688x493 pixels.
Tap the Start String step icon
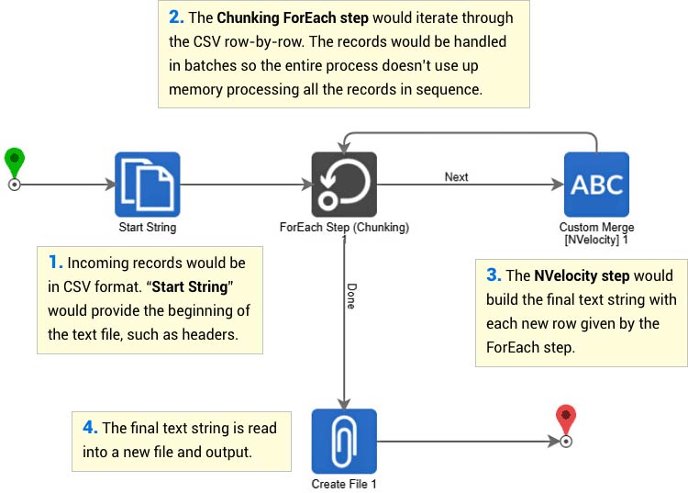(x=147, y=185)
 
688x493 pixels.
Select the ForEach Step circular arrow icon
(x=344, y=185)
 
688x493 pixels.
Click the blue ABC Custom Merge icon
(x=596, y=185)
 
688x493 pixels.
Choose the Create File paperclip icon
(x=344, y=441)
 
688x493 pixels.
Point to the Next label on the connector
(x=456, y=176)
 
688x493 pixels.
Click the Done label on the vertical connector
(x=350, y=297)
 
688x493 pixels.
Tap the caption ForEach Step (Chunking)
(x=344, y=227)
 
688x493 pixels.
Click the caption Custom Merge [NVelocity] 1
(x=596, y=233)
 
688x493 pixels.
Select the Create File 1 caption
(x=344, y=484)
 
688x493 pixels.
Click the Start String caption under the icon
(x=147, y=227)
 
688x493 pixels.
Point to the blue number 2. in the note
(x=176, y=17)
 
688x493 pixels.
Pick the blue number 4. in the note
(x=89, y=428)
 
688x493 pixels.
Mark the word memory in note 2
(x=194, y=91)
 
